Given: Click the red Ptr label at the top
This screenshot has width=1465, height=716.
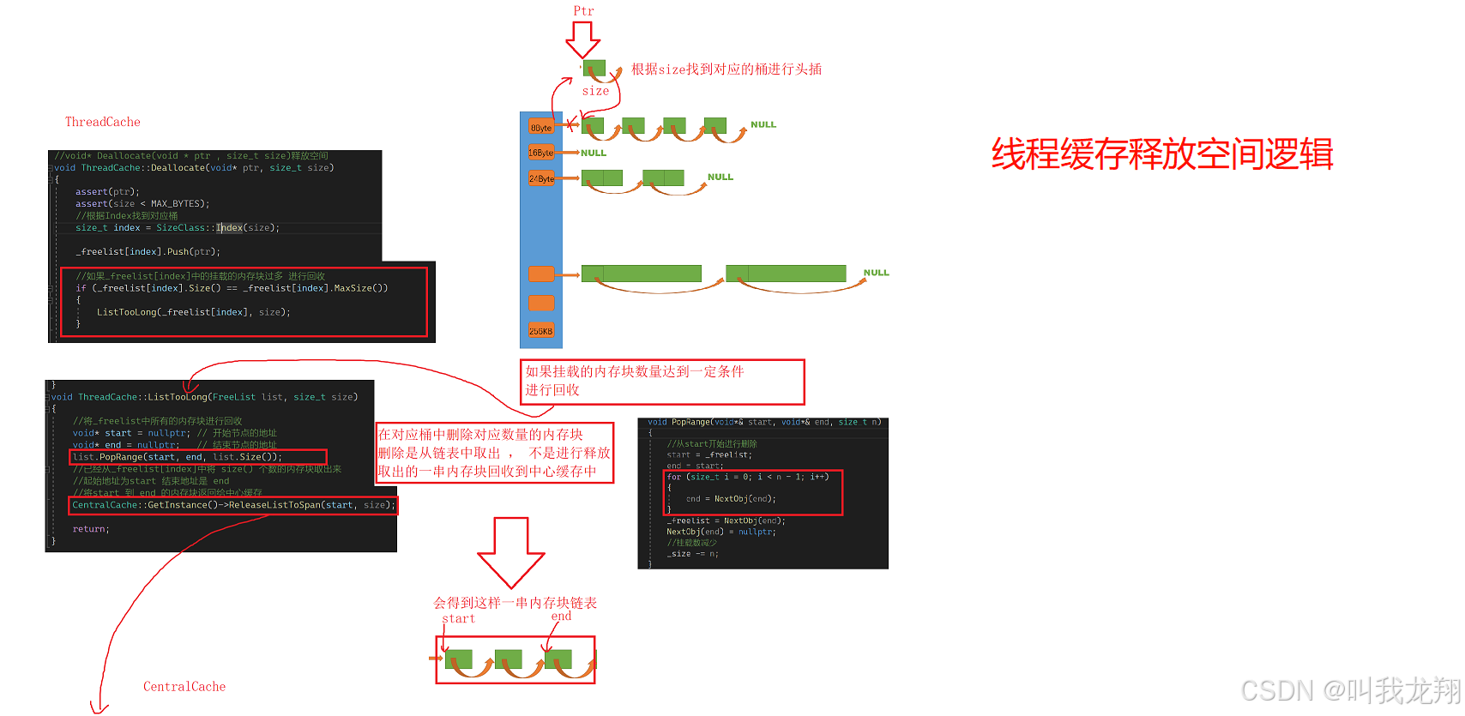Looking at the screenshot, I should click(x=583, y=11).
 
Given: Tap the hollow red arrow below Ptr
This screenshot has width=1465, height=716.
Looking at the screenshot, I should click(x=582, y=39).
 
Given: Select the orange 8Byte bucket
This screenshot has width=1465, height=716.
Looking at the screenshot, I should click(x=541, y=128).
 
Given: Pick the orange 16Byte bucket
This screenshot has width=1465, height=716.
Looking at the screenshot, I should click(x=541, y=153).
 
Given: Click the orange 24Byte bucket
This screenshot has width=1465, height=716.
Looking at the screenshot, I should click(x=541, y=178).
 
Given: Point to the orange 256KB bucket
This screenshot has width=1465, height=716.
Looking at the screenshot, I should click(x=541, y=331).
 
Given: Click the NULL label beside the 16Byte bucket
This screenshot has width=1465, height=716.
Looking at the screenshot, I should click(x=594, y=153).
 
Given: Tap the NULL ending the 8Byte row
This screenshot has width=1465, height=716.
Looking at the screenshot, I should click(x=763, y=124).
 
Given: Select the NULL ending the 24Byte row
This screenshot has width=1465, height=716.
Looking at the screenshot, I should click(x=720, y=177).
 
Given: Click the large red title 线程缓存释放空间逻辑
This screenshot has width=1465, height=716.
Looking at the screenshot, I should click(x=1162, y=154).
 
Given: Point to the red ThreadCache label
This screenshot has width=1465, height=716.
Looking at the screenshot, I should click(x=103, y=122).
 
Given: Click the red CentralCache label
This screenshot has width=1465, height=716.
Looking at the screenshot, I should click(x=184, y=687).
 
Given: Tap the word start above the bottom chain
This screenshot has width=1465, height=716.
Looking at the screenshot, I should click(x=458, y=618).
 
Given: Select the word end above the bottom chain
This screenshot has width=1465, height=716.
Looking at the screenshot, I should click(x=561, y=616).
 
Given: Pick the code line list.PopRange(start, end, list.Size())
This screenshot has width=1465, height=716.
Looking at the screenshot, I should click(x=178, y=457).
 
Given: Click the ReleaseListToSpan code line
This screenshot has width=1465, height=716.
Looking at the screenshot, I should click(x=233, y=505).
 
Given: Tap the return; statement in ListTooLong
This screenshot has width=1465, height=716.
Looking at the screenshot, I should click(x=91, y=529).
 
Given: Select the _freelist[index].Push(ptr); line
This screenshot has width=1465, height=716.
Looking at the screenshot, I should click(x=148, y=251).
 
